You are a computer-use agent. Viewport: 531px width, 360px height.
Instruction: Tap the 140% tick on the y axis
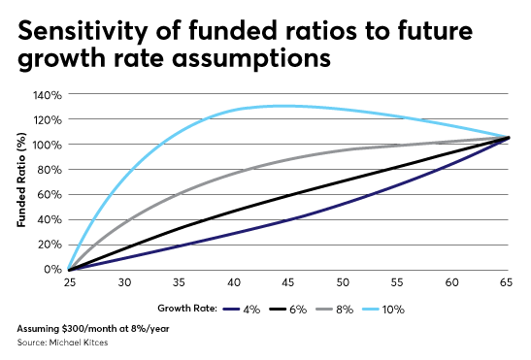(46, 95)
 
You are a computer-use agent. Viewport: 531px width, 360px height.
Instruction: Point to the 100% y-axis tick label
(46, 145)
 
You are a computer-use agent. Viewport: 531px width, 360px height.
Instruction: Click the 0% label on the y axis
(51, 269)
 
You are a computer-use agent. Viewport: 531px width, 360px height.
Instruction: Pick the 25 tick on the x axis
(70, 282)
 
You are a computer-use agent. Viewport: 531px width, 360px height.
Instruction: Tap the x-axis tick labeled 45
(288, 282)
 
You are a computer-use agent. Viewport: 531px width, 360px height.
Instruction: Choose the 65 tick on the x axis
(506, 282)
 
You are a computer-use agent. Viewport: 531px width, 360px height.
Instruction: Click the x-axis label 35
(179, 282)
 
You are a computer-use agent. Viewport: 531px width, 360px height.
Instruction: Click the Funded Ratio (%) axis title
(20, 181)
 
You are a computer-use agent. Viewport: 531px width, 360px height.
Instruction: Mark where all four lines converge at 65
(505, 138)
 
